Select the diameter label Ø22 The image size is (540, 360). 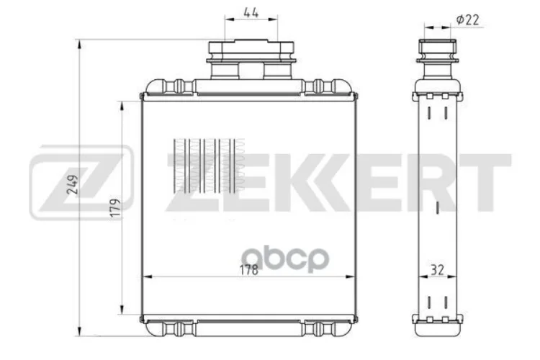pos(468,20)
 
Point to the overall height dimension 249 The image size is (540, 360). pos(70,186)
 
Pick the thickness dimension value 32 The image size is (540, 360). pos(437,271)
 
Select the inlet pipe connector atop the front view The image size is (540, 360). pos(251,60)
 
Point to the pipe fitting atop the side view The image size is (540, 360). pos(436,61)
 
